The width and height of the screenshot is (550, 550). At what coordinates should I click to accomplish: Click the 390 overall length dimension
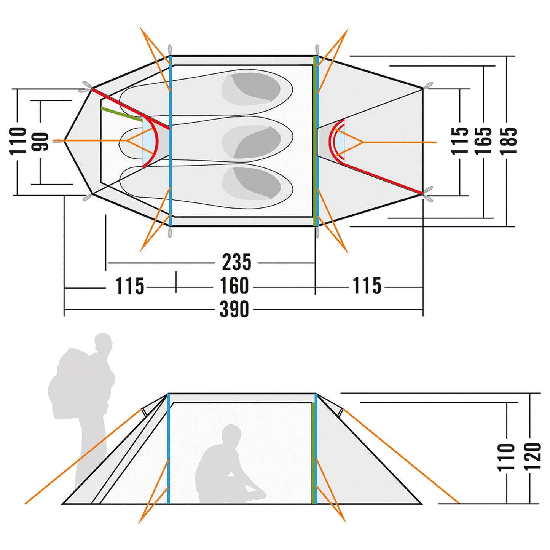(234, 309)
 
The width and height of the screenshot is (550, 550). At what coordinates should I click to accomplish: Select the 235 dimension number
(236, 262)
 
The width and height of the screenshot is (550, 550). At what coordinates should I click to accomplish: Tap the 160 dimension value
(234, 286)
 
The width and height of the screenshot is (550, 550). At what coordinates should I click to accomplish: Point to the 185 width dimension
(509, 141)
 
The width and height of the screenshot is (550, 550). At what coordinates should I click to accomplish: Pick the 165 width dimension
(483, 141)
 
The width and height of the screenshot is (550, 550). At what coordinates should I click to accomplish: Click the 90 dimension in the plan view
(40, 142)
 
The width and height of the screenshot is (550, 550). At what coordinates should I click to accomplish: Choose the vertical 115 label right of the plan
(460, 141)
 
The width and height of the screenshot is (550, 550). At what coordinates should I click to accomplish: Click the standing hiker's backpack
(72, 384)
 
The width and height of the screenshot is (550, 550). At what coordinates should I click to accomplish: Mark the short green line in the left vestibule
(121, 114)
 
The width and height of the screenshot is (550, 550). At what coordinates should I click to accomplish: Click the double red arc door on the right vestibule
(337, 139)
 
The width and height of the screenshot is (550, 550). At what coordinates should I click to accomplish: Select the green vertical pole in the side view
(314, 453)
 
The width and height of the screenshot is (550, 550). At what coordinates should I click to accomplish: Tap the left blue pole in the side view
(169, 449)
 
